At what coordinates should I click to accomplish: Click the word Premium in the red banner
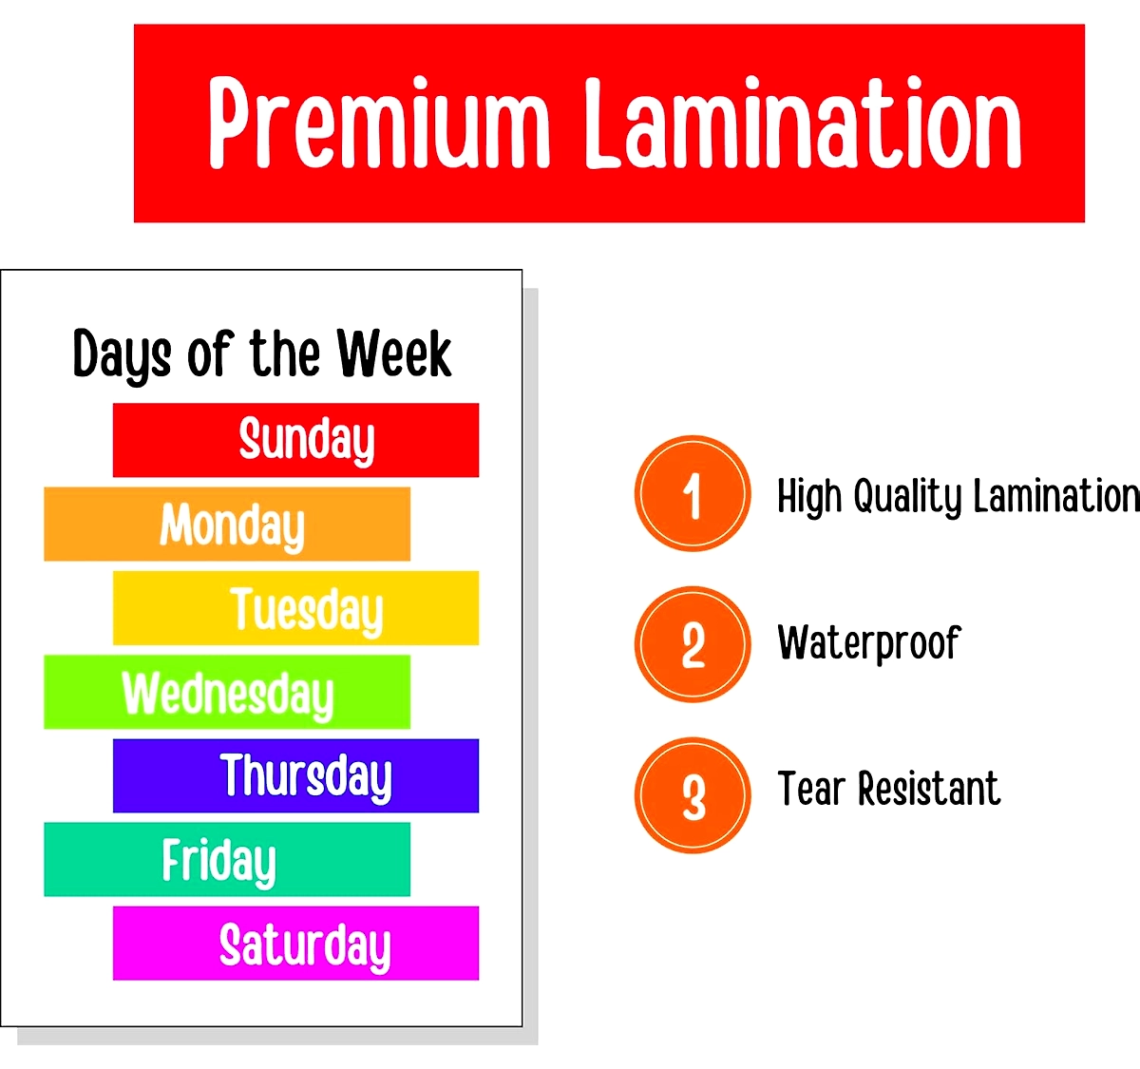pos(379,123)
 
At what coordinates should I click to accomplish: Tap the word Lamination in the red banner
pos(803,123)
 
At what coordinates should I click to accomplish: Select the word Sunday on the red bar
pos(307,441)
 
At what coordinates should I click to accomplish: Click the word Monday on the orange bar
pos(232,525)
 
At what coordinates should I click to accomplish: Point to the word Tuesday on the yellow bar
pos(307,610)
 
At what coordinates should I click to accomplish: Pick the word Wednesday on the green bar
pos(228,694)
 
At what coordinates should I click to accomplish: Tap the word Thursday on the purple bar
pos(306,777)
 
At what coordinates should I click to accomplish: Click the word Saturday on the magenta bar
pos(305,946)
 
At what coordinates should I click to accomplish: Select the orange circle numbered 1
pos(693,493)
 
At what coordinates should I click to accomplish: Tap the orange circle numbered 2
pos(693,644)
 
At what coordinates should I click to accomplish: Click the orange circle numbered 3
pos(693,795)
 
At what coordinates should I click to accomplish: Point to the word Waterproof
pos(869,644)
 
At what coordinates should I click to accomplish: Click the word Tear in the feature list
pos(812,790)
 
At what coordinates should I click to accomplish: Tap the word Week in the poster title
pos(394,353)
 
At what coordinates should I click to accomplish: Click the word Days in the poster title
pos(123,356)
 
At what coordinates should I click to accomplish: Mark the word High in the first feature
pos(810,496)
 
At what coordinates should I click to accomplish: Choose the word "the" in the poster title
pos(284,353)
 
